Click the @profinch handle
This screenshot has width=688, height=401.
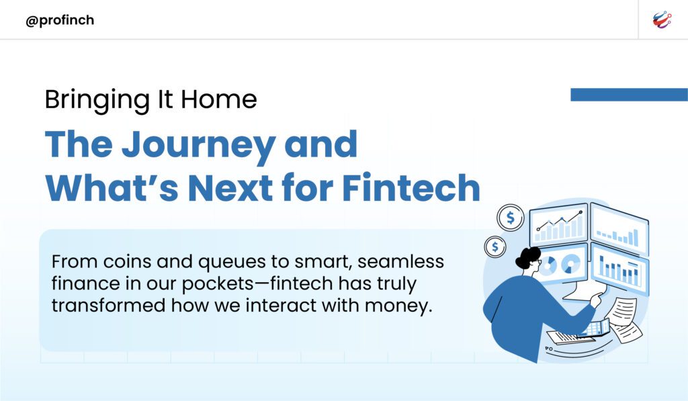(60, 20)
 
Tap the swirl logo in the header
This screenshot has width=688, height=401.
(662, 19)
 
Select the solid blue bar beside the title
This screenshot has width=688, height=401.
(629, 94)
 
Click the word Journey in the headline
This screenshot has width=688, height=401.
(198, 145)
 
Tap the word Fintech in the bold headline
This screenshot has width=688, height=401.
(411, 187)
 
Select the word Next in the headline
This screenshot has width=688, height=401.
(230, 188)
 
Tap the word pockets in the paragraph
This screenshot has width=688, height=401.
(218, 284)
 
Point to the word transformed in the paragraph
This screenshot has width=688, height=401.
(108, 306)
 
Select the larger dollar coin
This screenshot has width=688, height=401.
(511, 218)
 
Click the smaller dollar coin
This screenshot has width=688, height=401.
(495, 247)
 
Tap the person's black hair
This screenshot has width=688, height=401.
(527, 258)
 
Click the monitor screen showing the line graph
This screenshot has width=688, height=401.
(558, 224)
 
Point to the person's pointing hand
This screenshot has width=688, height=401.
(597, 299)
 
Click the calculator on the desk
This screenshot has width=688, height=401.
(595, 328)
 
